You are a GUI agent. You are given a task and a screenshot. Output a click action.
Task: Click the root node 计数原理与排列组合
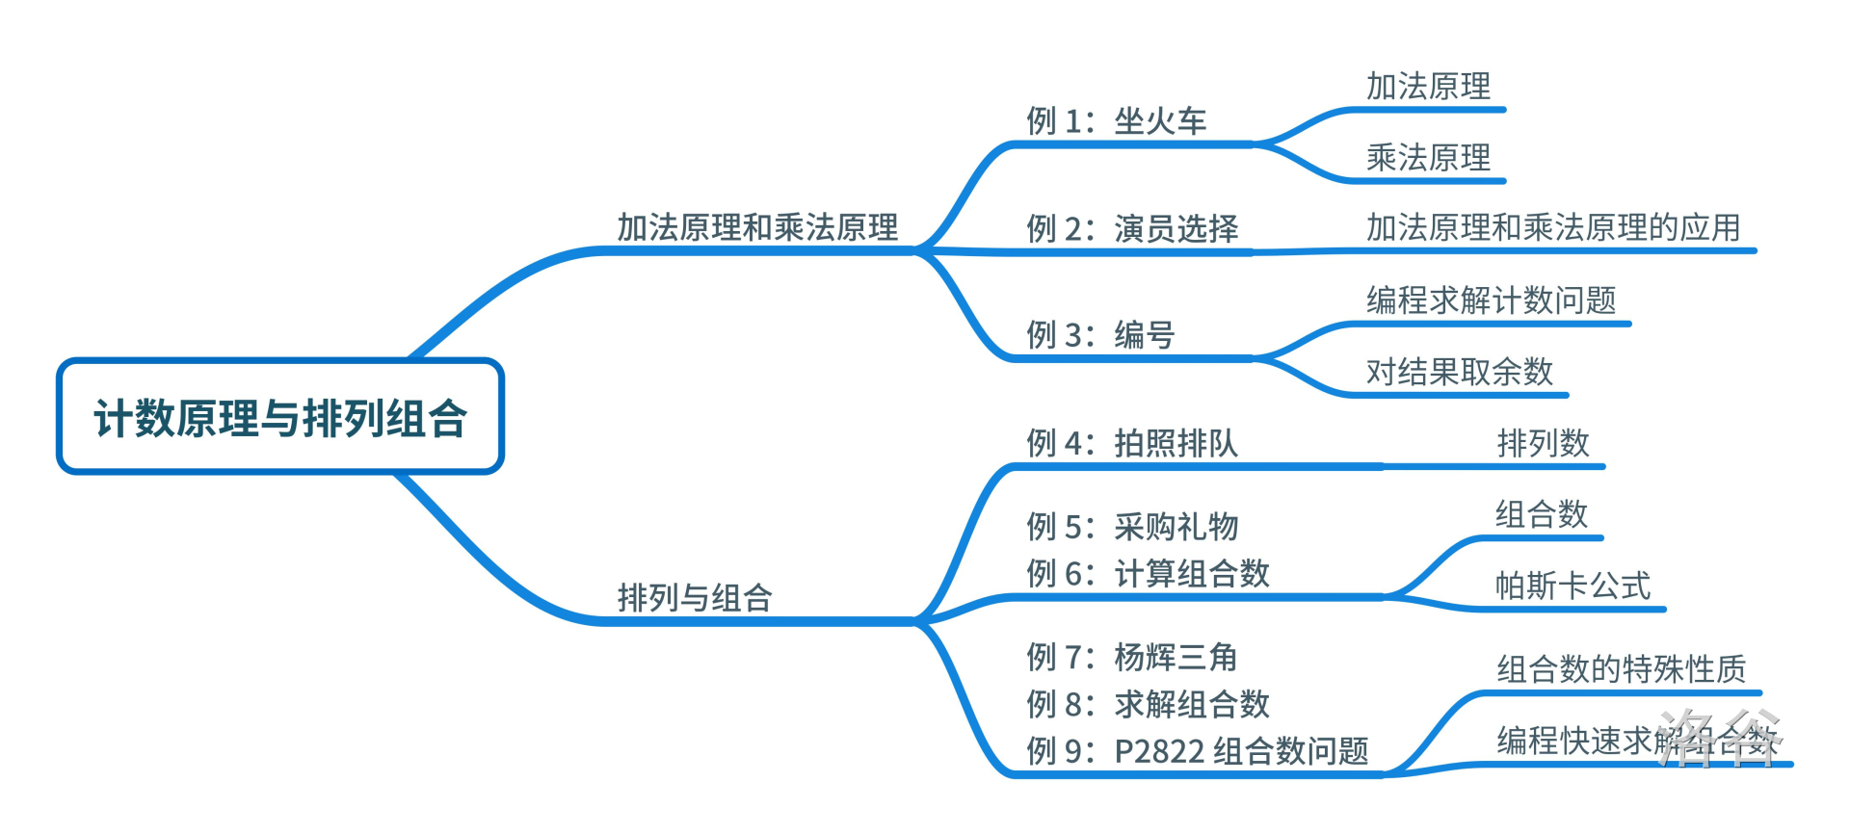coord(280,418)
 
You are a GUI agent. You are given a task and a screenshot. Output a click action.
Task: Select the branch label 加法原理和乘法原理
coord(757,228)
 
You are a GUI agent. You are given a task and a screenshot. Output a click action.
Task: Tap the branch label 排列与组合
coord(695,598)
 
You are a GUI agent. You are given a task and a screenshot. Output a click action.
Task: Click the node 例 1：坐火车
coord(1116,121)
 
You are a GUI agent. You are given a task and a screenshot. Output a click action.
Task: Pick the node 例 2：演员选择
coord(1132,229)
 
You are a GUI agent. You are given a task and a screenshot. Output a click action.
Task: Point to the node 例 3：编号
coord(1100,335)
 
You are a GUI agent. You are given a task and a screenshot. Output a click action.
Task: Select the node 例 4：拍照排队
coord(1132,443)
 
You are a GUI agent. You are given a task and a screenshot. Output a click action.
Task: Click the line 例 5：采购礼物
coord(1132,527)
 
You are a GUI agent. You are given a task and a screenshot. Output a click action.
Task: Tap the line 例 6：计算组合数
coord(1148,574)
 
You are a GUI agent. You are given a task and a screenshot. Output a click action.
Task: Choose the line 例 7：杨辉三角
coord(1132,658)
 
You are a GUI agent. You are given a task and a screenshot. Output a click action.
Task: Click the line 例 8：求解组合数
coord(1148,705)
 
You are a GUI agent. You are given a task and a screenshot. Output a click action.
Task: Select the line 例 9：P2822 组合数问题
coord(1197,751)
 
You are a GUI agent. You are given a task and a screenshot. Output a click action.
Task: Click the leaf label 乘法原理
coord(1428,158)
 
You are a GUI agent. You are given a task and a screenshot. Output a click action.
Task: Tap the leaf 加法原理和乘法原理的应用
coord(1553,228)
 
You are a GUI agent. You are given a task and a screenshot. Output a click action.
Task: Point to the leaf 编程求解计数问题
coord(1491,300)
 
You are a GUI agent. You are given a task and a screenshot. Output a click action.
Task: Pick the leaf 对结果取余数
coord(1460,372)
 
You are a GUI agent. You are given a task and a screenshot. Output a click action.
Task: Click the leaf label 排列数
coord(1543,444)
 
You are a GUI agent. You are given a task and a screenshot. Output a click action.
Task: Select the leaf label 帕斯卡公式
coord(1572,586)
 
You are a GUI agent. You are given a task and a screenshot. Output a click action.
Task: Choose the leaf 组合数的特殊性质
coord(1621,669)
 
